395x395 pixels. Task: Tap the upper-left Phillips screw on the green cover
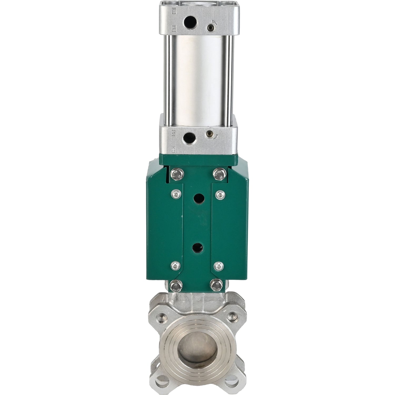pos(175,194)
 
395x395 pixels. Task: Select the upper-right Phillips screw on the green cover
pos(219,194)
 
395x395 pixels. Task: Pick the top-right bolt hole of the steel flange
pos(233,315)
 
